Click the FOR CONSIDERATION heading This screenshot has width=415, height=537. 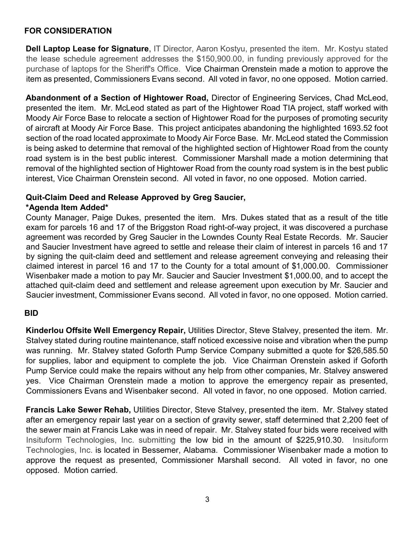coord(68,31)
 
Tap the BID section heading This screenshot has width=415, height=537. coord(31,313)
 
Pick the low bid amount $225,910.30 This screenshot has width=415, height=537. coord(320,440)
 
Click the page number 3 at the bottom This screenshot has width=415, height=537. coord(207,500)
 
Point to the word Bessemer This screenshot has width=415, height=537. coord(162,450)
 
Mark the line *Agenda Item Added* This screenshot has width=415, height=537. coord(67,208)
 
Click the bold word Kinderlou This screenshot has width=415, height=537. coord(45,331)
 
